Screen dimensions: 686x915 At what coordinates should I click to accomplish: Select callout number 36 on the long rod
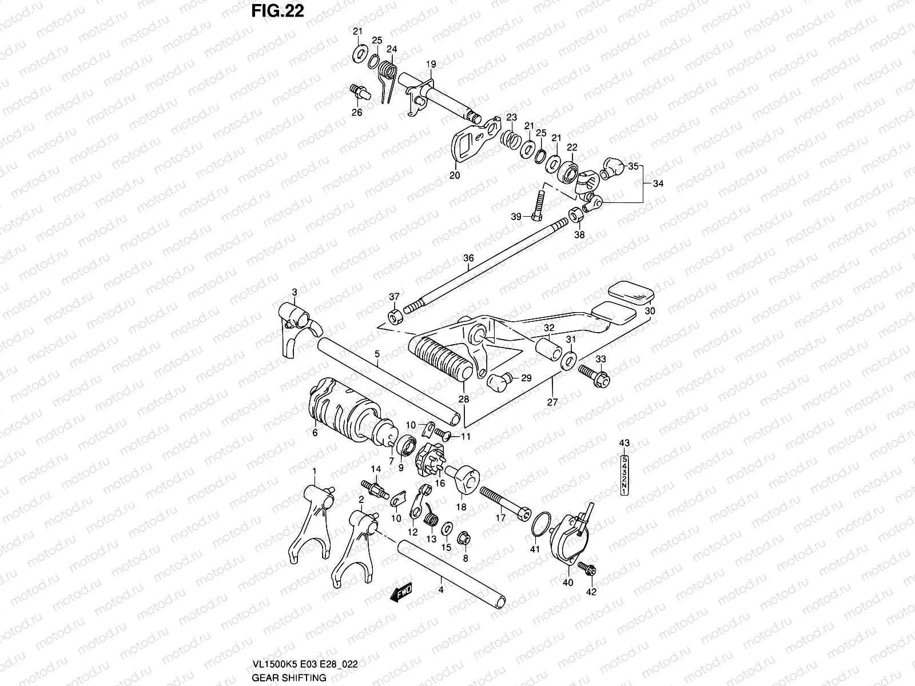point(468,258)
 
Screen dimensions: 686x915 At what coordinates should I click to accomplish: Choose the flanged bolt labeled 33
point(595,374)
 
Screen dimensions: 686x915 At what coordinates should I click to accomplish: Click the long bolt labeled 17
point(505,501)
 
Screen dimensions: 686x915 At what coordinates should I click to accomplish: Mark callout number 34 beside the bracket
point(658,184)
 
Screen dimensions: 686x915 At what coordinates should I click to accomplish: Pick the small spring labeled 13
point(432,520)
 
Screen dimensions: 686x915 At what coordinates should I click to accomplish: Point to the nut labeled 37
point(395,315)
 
